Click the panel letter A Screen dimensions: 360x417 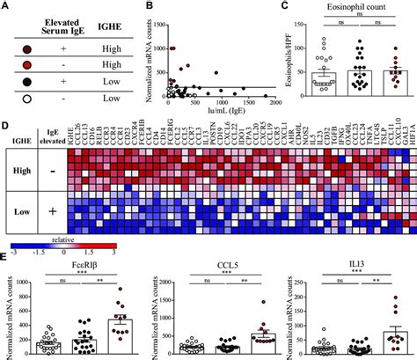pyautogui.click(x=7, y=6)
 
